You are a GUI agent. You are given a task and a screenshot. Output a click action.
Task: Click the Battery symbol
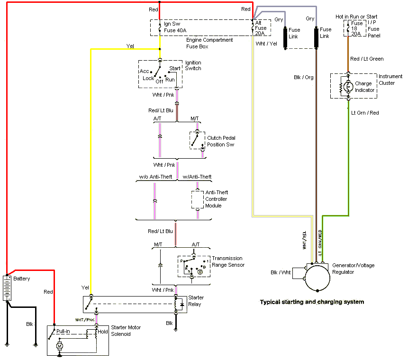(8, 288)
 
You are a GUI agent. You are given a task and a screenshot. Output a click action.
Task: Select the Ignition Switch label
(193, 65)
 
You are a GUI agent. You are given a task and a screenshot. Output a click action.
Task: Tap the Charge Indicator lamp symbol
(348, 86)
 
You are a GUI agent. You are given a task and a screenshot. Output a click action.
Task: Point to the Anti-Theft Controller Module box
(197, 199)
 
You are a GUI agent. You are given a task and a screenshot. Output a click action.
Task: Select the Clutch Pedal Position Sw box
(197, 140)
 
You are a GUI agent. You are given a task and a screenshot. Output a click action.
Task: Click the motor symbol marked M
(60, 347)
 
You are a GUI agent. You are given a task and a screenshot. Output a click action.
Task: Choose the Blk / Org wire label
(304, 77)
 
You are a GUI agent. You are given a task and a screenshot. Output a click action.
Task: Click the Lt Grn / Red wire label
(365, 113)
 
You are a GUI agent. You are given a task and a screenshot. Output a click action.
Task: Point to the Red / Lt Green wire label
(367, 59)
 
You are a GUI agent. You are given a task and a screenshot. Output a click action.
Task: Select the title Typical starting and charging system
(312, 302)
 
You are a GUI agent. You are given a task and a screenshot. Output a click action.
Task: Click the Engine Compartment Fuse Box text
(209, 43)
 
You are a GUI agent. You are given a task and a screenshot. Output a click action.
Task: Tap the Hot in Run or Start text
(356, 17)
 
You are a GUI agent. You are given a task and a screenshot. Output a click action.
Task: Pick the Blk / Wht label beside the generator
(281, 272)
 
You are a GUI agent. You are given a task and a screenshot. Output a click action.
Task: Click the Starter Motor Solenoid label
(126, 331)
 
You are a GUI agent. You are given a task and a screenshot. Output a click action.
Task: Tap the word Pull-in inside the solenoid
(63, 331)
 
